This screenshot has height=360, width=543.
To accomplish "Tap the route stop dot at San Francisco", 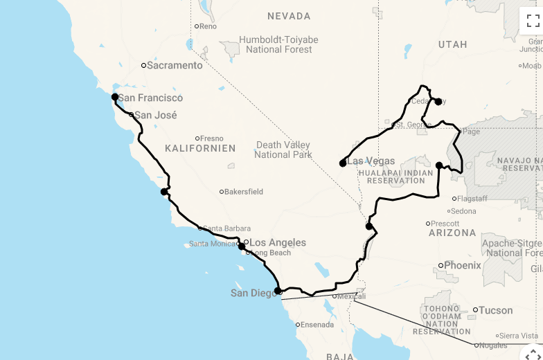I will point(115,98).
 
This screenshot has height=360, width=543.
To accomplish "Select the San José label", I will point(155,116).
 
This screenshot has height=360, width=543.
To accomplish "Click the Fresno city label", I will point(212,138).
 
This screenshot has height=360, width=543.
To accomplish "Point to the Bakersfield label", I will point(244,192).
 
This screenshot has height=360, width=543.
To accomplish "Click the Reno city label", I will point(208,26).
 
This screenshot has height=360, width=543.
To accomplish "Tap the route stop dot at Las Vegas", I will point(343,163).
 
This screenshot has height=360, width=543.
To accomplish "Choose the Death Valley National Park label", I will point(283,150).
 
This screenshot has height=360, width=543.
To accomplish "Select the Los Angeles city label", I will point(277,243).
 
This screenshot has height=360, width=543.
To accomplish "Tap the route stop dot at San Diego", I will point(278,291).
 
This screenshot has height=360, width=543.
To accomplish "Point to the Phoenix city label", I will point(462,265).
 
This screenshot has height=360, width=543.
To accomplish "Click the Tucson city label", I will point(495,310).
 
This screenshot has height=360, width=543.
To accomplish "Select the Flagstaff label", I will point(474,199).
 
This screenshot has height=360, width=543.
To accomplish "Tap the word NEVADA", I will point(289,16).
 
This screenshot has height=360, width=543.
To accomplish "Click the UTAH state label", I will point(452,44).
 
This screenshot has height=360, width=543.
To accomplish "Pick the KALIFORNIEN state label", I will point(200,148).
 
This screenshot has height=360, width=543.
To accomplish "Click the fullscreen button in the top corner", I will point(533,20).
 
